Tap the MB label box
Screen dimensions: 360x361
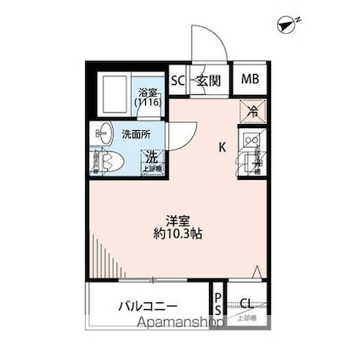coord(250,81)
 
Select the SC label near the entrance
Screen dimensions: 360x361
coord(178,82)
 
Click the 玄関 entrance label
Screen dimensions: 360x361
coord(208,82)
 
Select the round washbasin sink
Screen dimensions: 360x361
coord(104,132)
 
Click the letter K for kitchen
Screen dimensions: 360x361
coord(222,147)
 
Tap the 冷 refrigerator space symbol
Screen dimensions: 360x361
coord(251,110)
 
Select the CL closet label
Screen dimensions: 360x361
coord(245,302)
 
